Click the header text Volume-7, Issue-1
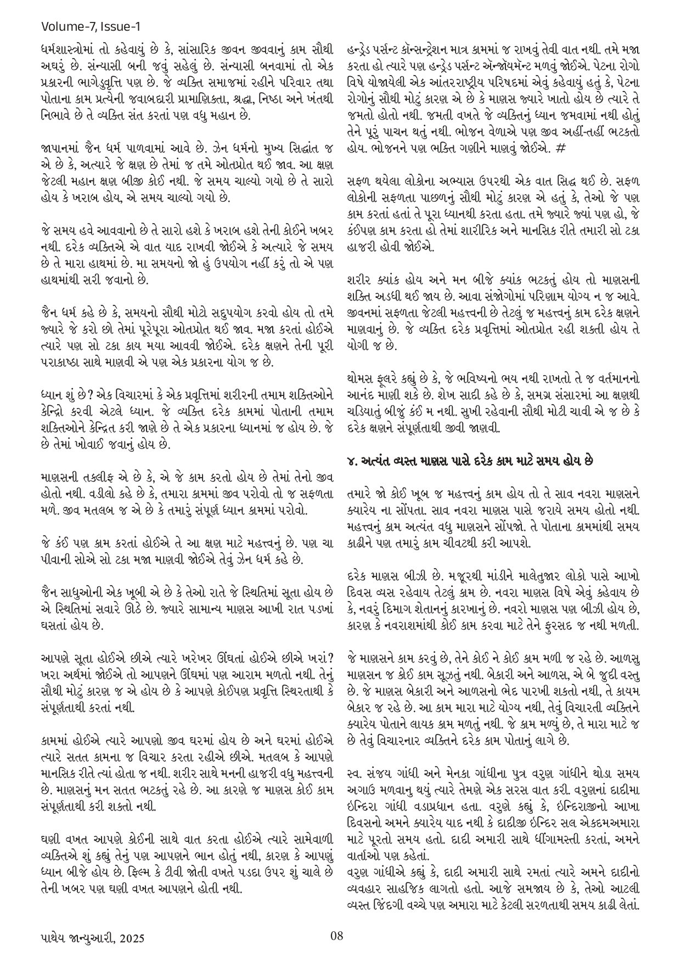93,26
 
